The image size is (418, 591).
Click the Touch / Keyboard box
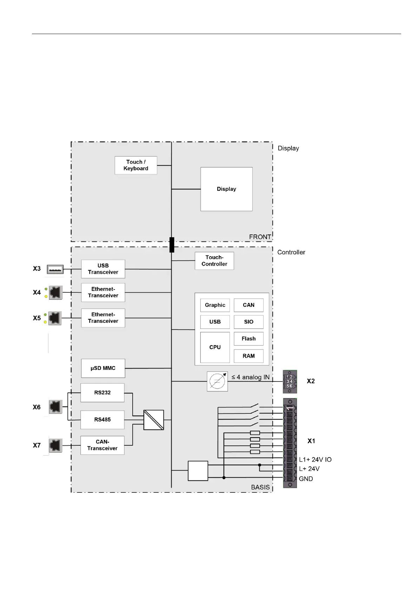[x=135, y=165]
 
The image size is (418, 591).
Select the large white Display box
[x=226, y=189]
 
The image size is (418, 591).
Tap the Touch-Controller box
[x=214, y=261]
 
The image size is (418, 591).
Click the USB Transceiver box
[x=103, y=269]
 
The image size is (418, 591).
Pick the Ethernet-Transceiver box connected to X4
[x=103, y=292]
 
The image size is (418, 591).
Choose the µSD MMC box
[x=103, y=368]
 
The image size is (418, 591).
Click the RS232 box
[x=102, y=393]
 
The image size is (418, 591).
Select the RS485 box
[x=102, y=419]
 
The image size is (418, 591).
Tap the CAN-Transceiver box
[x=102, y=445]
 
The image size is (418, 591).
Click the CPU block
[x=215, y=347]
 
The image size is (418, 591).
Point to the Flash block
[x=248, y=339]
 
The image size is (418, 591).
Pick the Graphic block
[x=215, y=305]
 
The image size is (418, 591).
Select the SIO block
[x=248, y=322]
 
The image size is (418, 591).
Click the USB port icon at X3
[x=55, y=269]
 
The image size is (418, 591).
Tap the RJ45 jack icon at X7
[x=55, y=445]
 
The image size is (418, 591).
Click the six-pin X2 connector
[x=290, y=381]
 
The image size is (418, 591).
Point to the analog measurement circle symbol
[x=217, y=381]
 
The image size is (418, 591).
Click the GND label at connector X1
[x=306, y=479]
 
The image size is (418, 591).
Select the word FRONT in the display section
[x=260, y=237]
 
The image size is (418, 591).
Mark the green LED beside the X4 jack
[x=46, y=289]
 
